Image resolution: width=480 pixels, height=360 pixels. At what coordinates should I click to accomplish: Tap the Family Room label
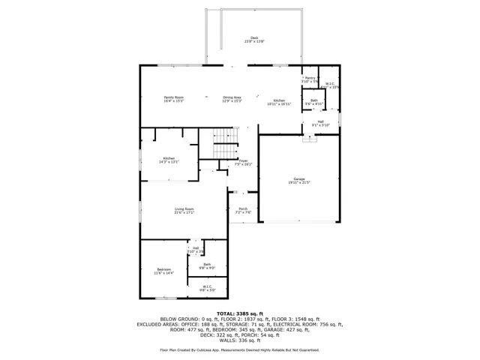[174, 99]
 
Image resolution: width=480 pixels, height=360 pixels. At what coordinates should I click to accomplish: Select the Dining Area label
[232, 99]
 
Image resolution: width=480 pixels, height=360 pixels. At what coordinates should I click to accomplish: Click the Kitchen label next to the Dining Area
[279, 101]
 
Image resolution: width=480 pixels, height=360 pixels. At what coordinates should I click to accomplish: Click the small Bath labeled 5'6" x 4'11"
[313, 101]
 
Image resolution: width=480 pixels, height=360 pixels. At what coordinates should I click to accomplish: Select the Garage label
[299, 181]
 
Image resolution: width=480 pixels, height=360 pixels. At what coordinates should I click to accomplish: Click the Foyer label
[243, 162]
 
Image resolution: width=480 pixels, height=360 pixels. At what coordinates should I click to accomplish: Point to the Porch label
[242, 211]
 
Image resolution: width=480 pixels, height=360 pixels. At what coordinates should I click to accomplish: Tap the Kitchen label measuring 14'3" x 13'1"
[169, 159]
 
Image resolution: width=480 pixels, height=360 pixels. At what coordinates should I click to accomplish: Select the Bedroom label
[163, 271]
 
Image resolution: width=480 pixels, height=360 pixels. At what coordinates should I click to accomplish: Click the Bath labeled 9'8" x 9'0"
[206, 265]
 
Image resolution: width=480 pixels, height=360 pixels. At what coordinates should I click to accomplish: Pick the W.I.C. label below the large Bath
[206, 287]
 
